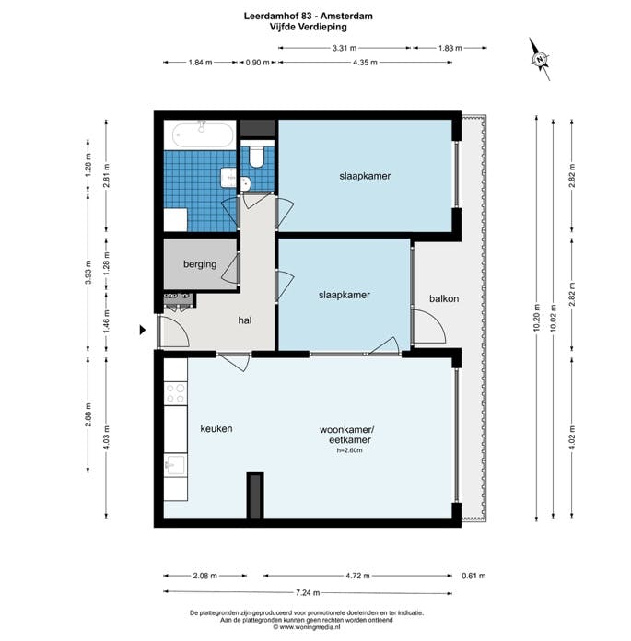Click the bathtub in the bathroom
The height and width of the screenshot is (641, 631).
pyautogui.click(x=201, y=134)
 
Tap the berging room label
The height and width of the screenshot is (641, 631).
pyautogui.click(x=200, y=264)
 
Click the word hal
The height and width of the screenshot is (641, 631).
pyautogui.click(x=245, y=320)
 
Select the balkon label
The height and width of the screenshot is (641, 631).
pyautogui.click(x=443, y=298)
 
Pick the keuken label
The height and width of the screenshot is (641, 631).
pyautogui.click(x=216, y=428)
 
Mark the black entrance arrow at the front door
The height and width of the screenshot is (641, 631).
pyautogui.click(x=143, y=330)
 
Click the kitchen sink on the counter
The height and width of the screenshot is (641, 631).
pyautogui.click(x=175, y=464)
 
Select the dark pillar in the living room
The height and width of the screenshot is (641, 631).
pyautogui.click(x=254, y=495)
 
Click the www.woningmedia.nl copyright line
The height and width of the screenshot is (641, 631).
pyautogui.click(x=315, y=626)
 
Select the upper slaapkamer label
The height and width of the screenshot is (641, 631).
pyautogui.click(x=365, y=175)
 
